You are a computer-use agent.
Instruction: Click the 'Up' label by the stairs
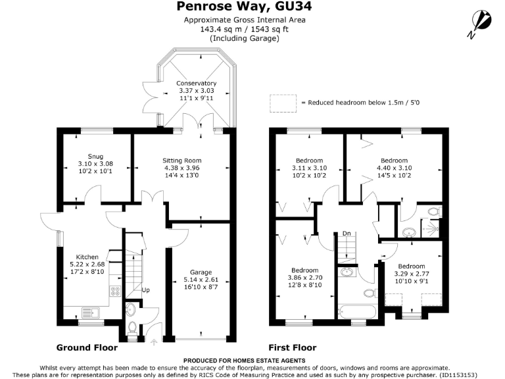146,290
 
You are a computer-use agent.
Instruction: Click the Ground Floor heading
87,347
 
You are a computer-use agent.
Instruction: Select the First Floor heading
293,347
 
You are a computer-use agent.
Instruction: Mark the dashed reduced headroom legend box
283,103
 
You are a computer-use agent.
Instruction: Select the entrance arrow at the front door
155,341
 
